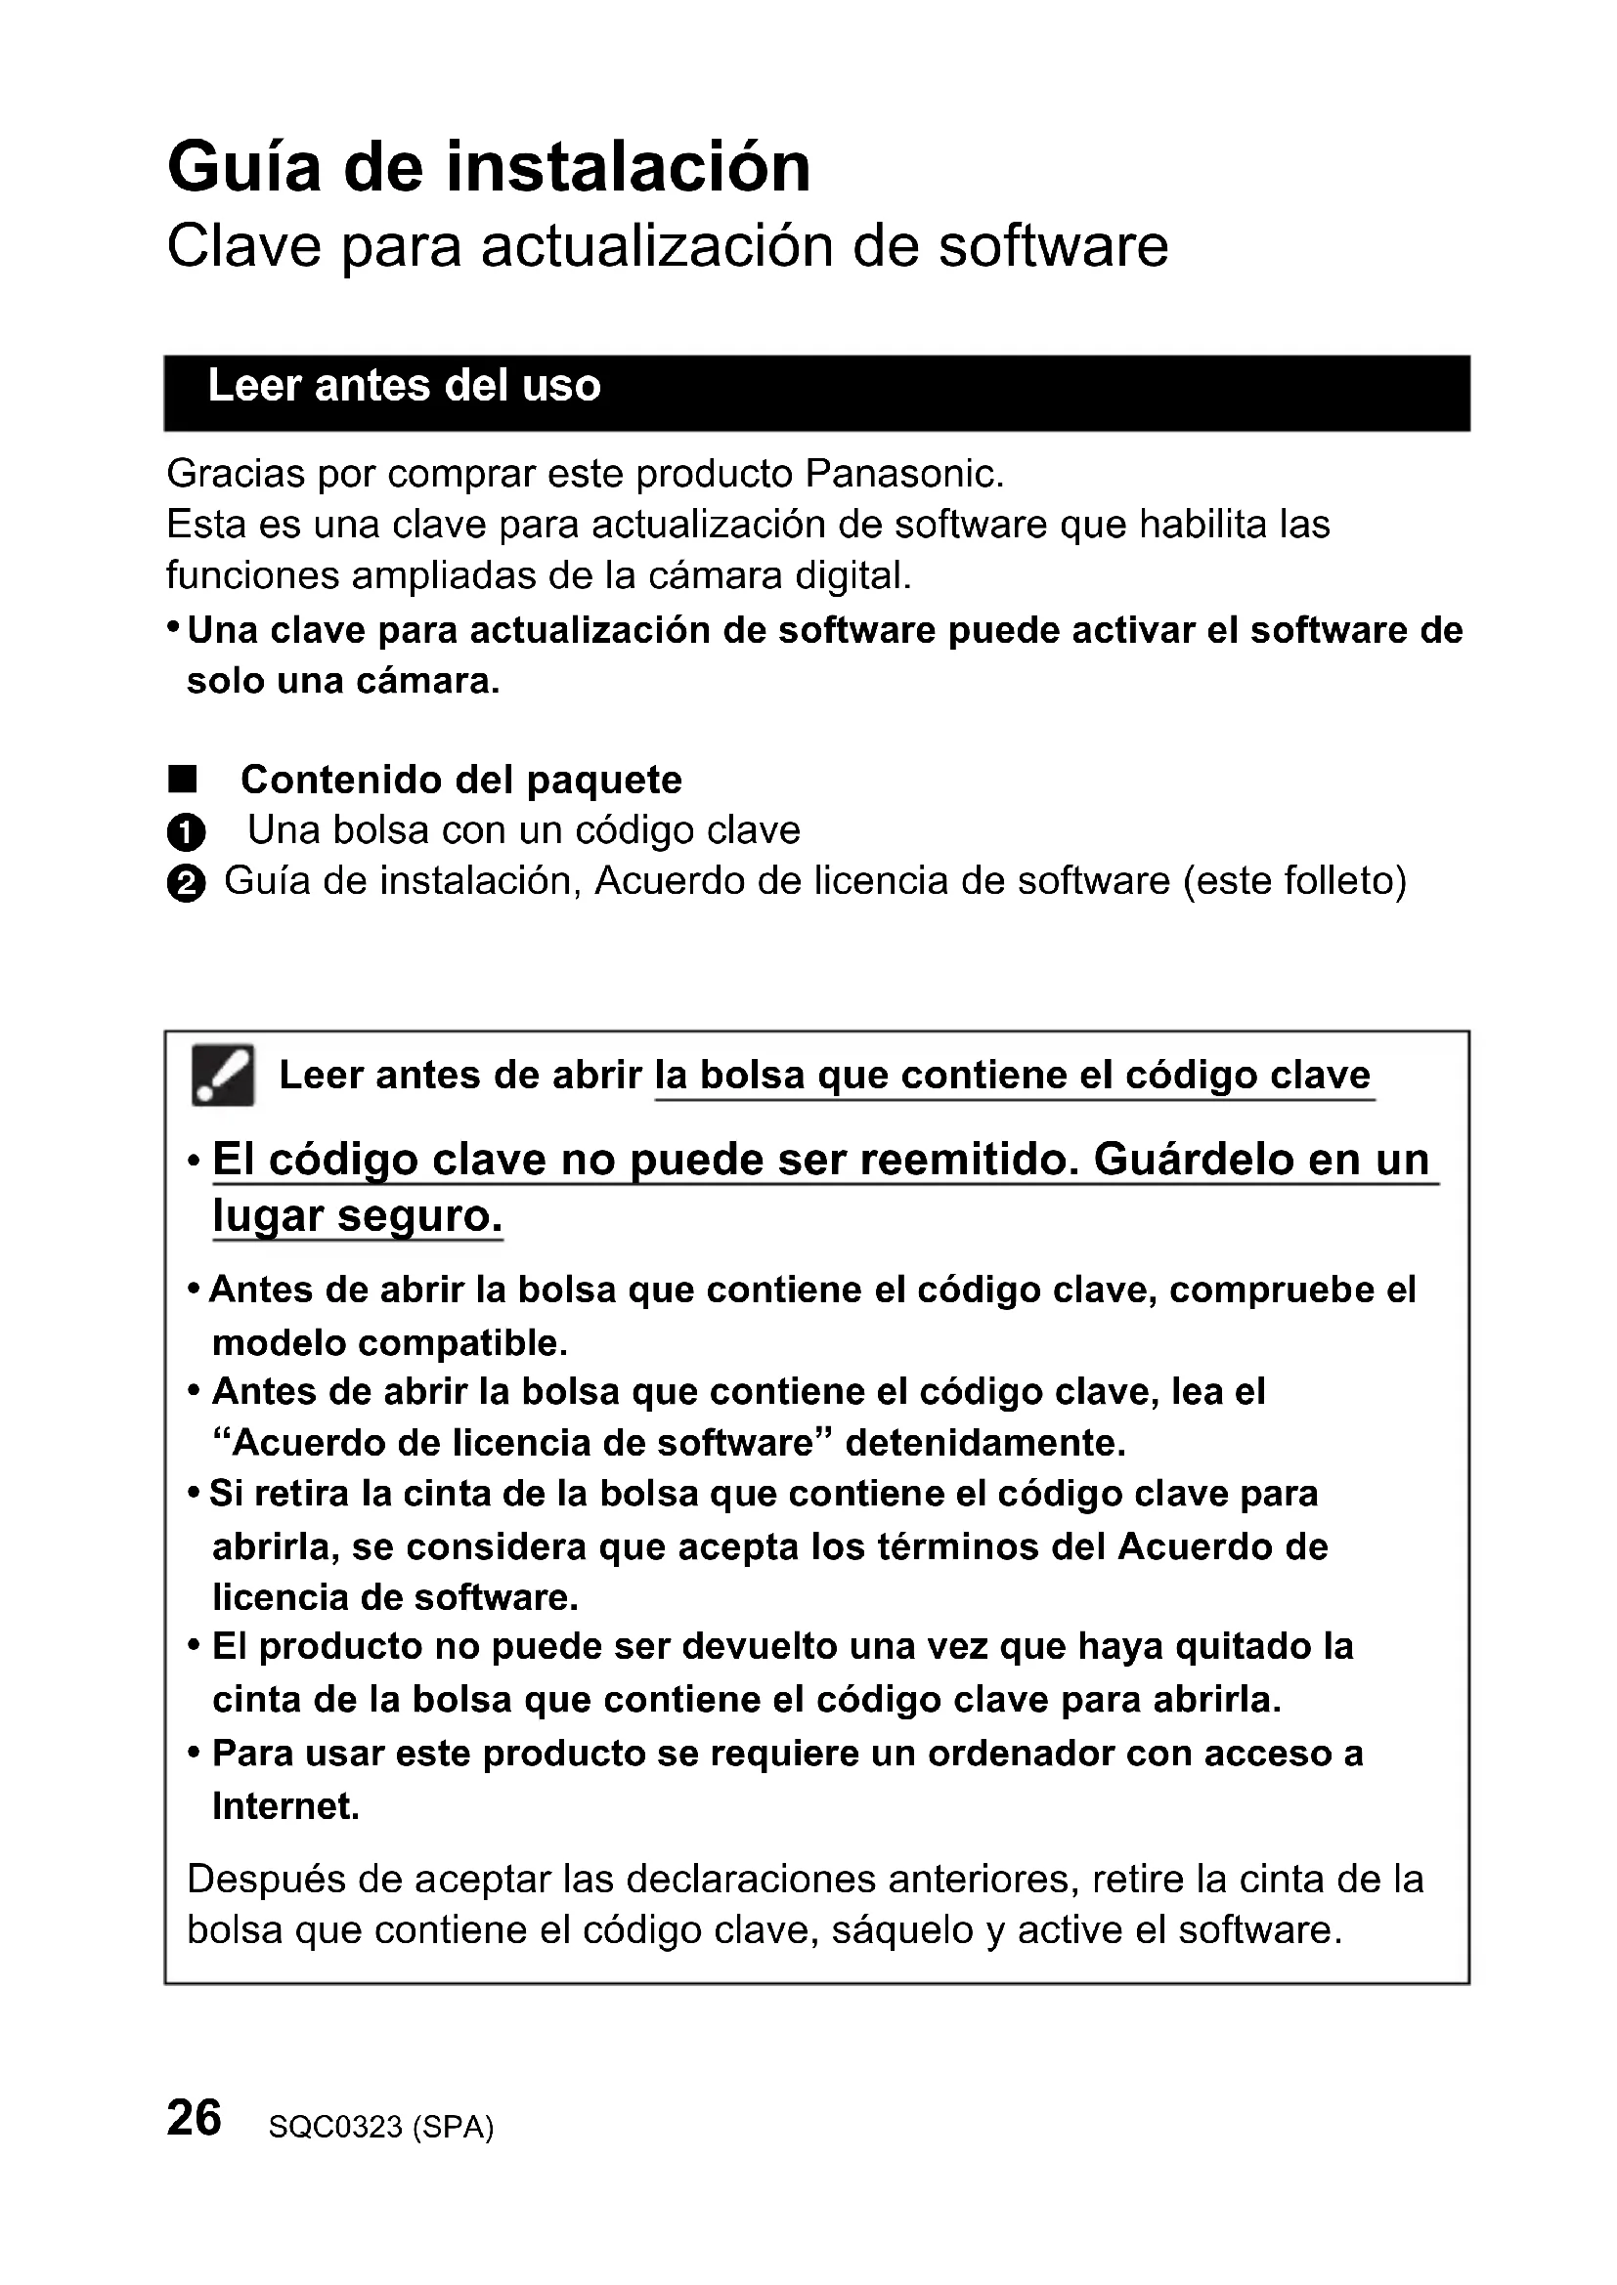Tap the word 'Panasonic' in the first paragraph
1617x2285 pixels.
pyautogui.click(x=902, y=474)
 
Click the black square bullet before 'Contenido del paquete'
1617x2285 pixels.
pyautogui.click(x=183, y=780)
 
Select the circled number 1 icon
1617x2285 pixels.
pyautogui.click(x=186, y=832)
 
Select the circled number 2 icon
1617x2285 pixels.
pyautogui.click(x=186, y=884)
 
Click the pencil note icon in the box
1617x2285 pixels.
pyautogui.click(x=223, y=1076)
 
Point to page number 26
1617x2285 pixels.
pyautogui.click(x=195, y=2117)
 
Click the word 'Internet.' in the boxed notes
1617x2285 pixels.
pyautogui.click(x=285, y=1806)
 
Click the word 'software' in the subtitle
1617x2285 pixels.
pyautogui.click(x=1053, y=247)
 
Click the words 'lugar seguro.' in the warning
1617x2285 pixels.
pyautogui.click(x=358, y=1216)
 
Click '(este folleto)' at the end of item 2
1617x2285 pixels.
pyautogui.click(x=1294, y=882)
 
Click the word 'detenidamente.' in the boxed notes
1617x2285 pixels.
pyautogui.click(x=984, y=1443)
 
